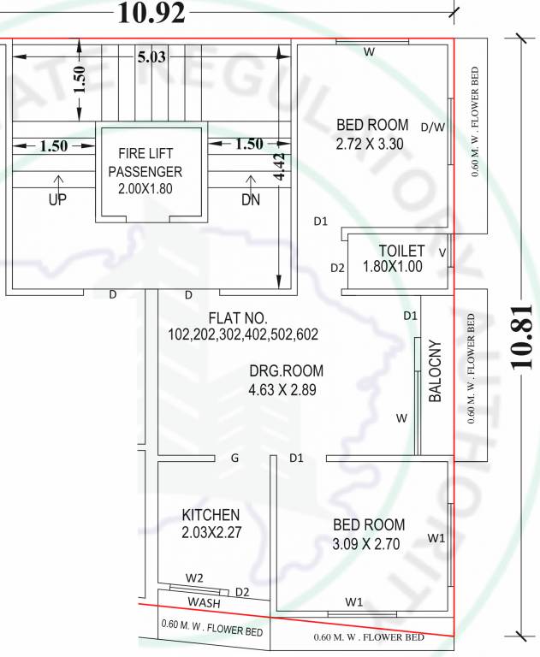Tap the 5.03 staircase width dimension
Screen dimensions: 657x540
(x=151, y=57)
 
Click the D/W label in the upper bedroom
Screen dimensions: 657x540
(x=433, y=127)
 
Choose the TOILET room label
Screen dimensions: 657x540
(x=401, y=251)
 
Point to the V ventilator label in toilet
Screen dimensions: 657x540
(x=442, y=252)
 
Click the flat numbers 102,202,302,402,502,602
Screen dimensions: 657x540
(x=243, y=334)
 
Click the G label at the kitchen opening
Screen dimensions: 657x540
(x=234, y=459)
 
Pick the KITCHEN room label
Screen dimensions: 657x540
(x=211, y=515)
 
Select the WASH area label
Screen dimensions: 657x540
(x=205, y=602)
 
